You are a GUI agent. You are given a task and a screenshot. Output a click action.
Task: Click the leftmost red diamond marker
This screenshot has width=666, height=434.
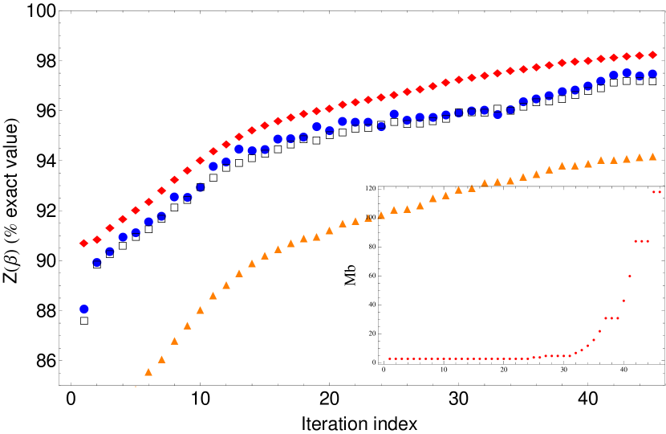(x=83, y=243)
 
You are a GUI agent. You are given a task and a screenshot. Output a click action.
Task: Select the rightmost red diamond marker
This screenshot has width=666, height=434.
(x=652, y=55)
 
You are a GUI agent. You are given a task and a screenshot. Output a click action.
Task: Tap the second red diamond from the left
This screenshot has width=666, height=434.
(x=97, y=240)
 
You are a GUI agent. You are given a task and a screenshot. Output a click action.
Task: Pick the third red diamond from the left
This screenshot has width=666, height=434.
(x=110, y=227)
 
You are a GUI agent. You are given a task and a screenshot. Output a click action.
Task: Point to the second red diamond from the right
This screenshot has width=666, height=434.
(x=640, y=55)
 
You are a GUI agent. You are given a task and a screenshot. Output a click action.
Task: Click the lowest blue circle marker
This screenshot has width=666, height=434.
(x=83, y=309)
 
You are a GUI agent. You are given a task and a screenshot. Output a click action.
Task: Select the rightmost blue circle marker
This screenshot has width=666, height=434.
(x=652, y=73)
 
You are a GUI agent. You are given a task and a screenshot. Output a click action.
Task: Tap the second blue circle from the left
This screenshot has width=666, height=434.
(x=97, y=262)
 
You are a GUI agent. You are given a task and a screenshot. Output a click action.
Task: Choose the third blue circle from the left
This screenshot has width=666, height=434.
(x=110, y=252)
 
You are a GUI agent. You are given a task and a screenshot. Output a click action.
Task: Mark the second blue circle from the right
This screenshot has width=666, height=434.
(x=640, y=76)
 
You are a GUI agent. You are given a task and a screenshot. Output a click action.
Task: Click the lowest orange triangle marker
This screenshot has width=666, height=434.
(x=148, y=372)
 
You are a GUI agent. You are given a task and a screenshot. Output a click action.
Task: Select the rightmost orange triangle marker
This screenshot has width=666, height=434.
(x=652, y=157)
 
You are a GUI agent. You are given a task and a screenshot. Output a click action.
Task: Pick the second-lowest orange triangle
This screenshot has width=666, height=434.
(x=161, y=359)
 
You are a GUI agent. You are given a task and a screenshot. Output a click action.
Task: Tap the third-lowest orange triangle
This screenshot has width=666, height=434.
(x=174, y=341)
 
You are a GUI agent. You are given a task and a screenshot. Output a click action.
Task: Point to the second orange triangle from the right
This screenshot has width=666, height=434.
(x=640, y=158)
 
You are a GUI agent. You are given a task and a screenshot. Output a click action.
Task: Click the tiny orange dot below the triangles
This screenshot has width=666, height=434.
(x=135, y=387)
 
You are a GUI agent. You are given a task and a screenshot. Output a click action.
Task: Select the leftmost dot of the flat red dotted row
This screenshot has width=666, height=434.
(x=389, y=358)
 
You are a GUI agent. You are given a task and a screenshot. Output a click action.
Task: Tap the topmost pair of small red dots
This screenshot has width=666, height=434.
(x=656, y=192)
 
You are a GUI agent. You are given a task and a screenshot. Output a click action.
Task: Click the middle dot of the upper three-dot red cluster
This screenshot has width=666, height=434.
(x=642, y=241)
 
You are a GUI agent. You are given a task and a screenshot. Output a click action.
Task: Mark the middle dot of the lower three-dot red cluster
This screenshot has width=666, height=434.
(x=611, y=318)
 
